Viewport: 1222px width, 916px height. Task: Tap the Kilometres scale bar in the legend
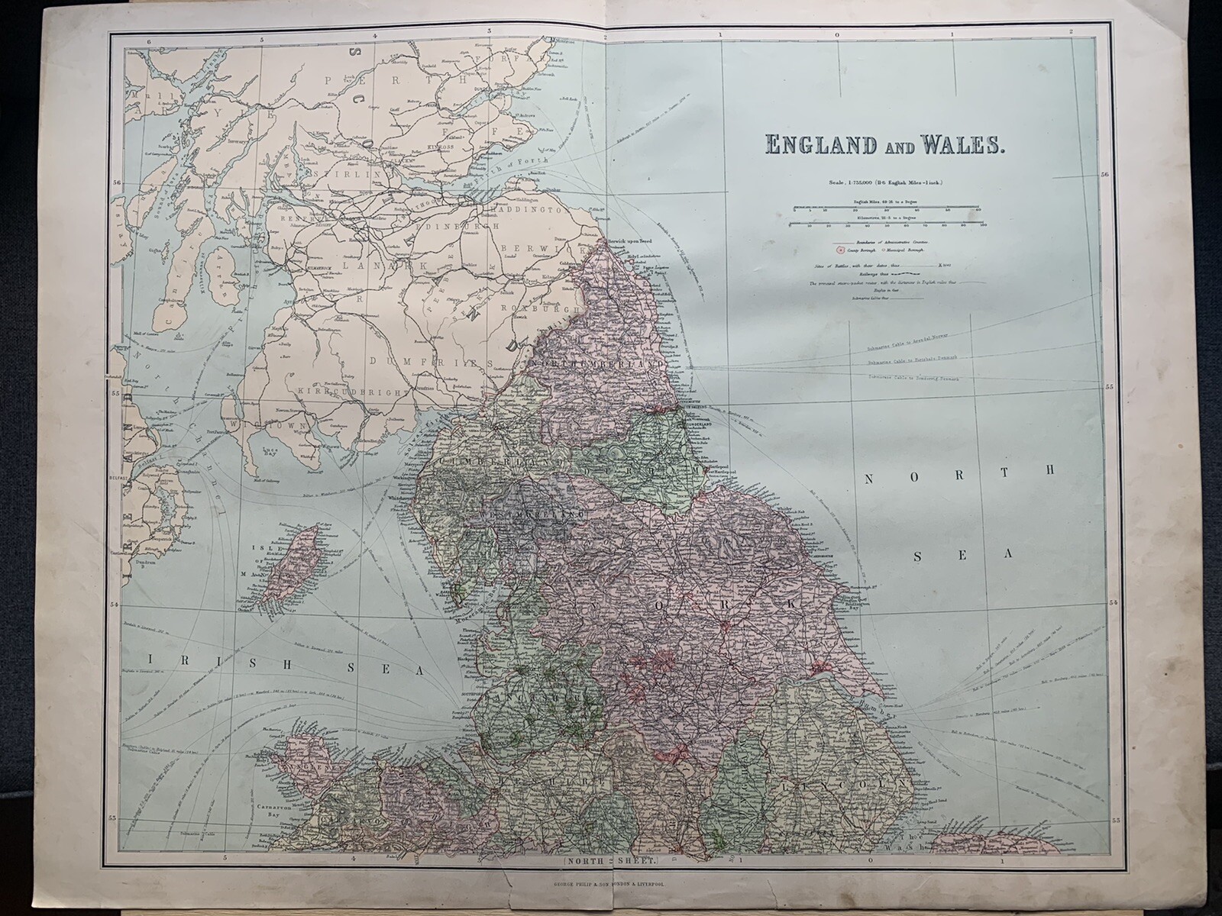point(886,224)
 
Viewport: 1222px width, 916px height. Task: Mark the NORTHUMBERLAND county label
point(603,366)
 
